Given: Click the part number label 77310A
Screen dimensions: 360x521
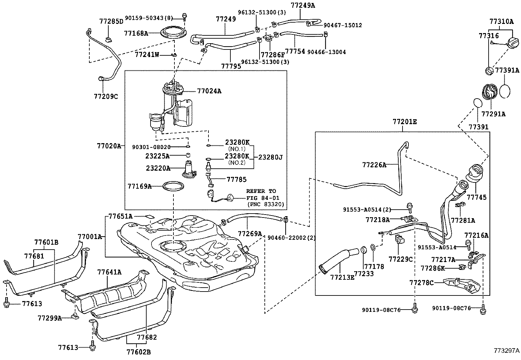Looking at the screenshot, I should tap(501, 22).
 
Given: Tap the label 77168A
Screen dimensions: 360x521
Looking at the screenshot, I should tap(136, 33).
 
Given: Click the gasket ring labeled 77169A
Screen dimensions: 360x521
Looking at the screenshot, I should tap(173, 186).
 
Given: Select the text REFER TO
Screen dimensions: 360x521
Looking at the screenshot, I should tap(261, 191).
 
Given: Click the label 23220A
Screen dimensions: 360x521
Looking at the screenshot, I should tap(158, 168).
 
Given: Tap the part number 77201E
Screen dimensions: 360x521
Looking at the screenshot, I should tap(405, 122).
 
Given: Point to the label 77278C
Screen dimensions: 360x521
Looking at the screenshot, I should tap(422, 282).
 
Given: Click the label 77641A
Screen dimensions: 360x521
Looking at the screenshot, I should tap(109, 272).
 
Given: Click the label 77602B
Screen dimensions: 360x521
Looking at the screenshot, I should tap(138, 352).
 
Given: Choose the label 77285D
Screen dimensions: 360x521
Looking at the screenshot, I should tap(111, 22).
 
